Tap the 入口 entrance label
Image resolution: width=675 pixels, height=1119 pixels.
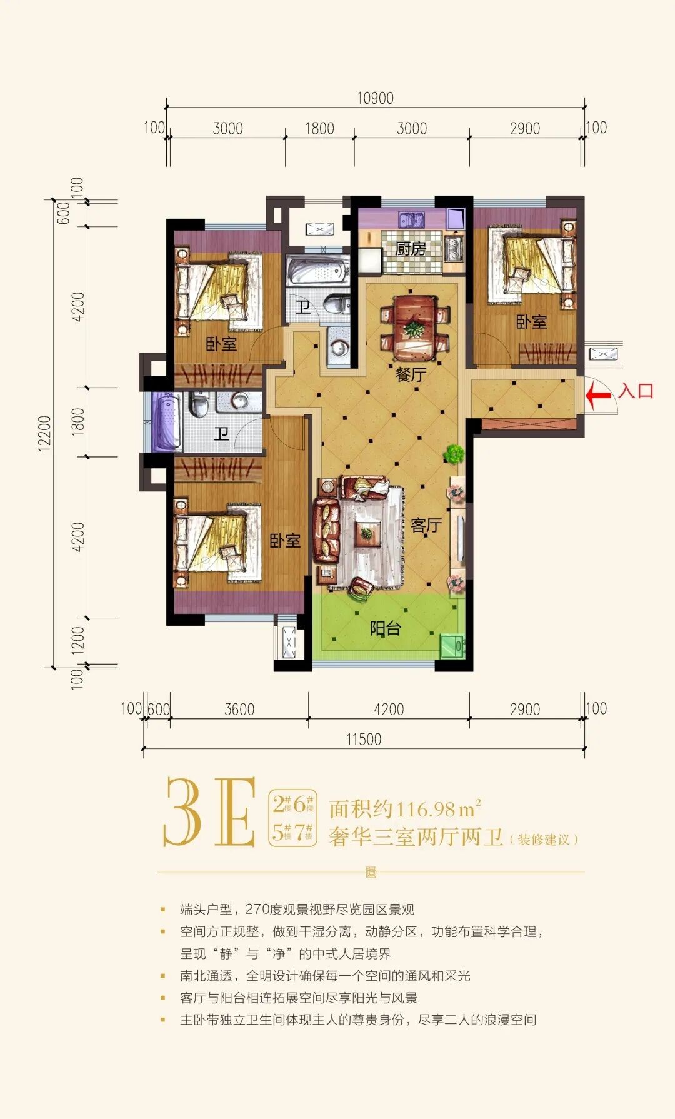(x=636, y=391)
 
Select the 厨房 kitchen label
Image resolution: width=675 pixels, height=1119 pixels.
(x=411, y=248)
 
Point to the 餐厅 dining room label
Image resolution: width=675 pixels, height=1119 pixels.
(x=411, y=374)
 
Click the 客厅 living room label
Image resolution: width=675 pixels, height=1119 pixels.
(x=426, y=525)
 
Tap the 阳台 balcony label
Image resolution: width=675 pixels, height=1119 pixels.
(x=384, y=628)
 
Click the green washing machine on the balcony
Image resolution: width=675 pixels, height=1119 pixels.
(x=452, y=646)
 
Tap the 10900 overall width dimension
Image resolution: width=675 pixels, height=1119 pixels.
(x=375, y=98)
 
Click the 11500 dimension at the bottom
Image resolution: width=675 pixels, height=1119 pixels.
(x=364, y=739)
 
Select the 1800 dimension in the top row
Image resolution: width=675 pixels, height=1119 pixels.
(x=319, y=128)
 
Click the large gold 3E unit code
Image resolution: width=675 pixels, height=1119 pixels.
(x=210, y=812)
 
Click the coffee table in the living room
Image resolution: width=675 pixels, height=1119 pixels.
(x=366, y=533)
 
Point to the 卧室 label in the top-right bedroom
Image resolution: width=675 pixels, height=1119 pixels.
(x=531, y=322)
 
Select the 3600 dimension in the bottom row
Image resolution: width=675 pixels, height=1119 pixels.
(x=239, y=709)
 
